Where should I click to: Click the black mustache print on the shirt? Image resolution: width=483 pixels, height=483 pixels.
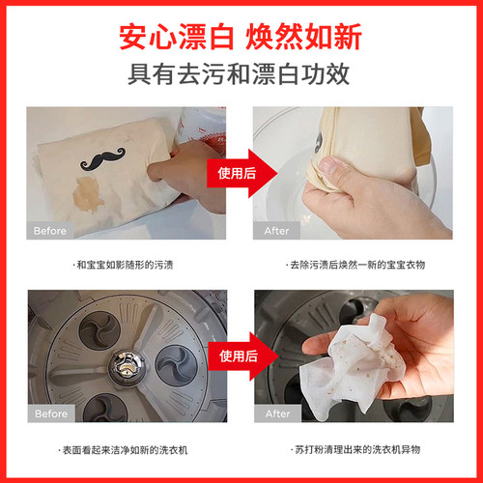pos(102,159)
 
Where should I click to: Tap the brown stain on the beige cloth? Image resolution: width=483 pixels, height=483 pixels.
pos(88,195)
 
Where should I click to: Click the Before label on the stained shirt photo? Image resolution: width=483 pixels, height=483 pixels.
pos(50,231)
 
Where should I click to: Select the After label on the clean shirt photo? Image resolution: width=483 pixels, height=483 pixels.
pos(276,231)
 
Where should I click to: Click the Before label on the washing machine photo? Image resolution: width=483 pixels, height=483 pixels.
pos(51,413)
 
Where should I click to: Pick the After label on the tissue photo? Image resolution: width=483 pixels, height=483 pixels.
pos(277,413)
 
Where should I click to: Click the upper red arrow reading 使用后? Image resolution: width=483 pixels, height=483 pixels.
pos(242,173)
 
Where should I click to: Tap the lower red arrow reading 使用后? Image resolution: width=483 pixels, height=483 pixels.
pos(243,356)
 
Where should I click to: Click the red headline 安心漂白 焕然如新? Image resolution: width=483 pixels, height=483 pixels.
pos(241,37)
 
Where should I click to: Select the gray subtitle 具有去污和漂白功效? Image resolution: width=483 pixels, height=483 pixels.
pos(239,74)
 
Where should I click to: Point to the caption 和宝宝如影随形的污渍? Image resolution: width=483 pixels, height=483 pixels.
pos(123,265)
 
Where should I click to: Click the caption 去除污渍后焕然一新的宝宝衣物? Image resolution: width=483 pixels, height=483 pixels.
pos(355,265)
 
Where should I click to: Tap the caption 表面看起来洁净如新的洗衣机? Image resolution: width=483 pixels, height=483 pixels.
pos(123,450)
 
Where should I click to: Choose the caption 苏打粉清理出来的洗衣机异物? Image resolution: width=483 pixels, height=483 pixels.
pos(355,449)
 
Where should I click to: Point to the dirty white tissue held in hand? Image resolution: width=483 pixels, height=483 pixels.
pos(351,365)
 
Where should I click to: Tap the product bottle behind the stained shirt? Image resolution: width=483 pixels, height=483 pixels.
pos(200,127)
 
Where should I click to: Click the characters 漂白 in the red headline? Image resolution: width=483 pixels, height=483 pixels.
pos(206,37)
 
